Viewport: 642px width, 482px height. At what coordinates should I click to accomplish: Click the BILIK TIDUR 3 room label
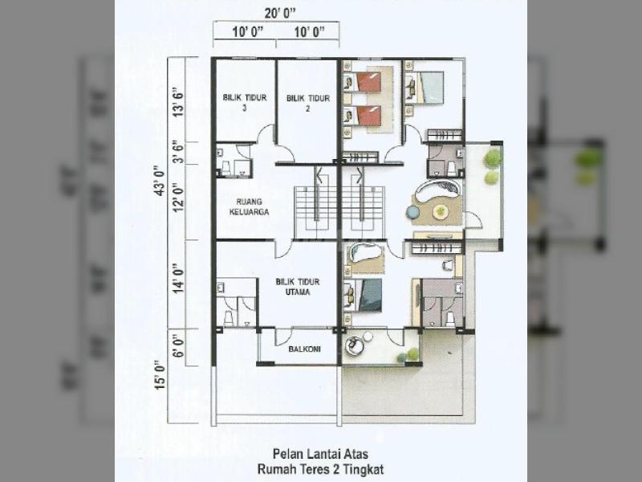click(x=245, y=103)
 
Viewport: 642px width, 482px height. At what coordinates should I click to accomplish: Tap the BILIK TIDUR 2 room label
click(x=308, y=103)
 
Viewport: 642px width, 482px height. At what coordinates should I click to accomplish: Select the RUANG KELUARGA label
click(x=249, y=206)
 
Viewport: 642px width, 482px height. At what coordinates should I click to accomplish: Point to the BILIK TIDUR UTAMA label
click(x=298, y=287)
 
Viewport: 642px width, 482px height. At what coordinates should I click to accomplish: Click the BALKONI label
click(x=304, y=349)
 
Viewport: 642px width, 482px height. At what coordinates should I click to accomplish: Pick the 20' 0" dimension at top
click(x=279, y=13)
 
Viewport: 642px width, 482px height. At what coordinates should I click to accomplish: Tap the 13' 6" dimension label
click(x=178, y=102)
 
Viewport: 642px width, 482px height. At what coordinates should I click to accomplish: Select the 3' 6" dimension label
click(x=178, y=153)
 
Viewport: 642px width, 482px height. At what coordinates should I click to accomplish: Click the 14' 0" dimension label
click(x=178, y=278)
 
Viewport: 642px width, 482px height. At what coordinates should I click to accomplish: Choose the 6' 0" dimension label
click(x=178, y=347)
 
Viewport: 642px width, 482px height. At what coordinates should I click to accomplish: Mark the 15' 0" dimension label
click(x=160, y=375)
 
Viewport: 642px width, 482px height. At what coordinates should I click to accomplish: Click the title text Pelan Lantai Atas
click(x=320, y=454)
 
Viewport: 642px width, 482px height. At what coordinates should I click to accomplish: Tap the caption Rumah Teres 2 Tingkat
click(x=320, y=469)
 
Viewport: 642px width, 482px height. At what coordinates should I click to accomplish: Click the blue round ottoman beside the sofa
click(x=413, y=211)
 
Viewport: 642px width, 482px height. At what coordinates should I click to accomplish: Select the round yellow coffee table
click(x=440, y=210)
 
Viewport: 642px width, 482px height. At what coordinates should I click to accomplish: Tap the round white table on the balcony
click(x=368, y=337)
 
